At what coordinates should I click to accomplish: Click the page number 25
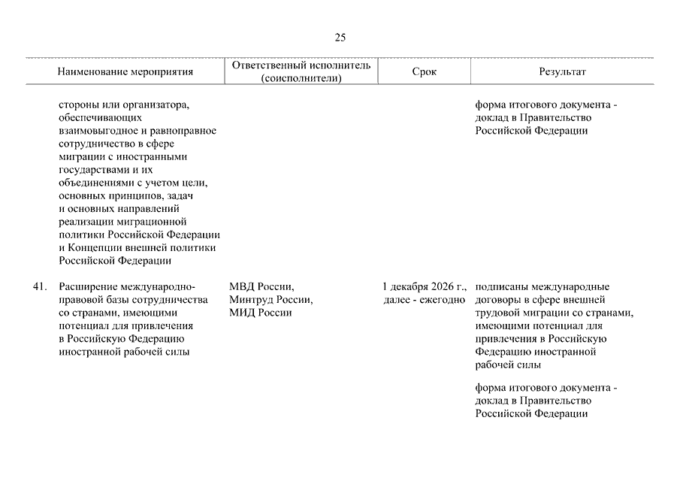pyautogui.click(x=340, y=38)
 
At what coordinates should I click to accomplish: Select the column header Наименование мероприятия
pyautogui.click(x=125, y=72)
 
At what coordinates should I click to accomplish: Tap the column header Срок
pyautogui.click(x=424, y=72)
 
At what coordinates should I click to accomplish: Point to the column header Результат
pyautogui.click(x=562, y=72)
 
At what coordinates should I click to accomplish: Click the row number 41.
pyautogui.click(x=41, y=287)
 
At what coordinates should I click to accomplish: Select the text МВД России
pyautogui.click(x=261, y=287)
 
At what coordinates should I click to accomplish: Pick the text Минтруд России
pyautogui.click(x=271, y=300)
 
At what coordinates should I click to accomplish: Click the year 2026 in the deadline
pyautogui.click(x=444, y=287)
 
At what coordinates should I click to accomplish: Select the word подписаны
pyautogui.click(x=501, y=287)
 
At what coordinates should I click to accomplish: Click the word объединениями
pyautogui.click(x=93, y=183)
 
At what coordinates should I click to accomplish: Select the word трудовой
pyautogui.click(x=496, y=313)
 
